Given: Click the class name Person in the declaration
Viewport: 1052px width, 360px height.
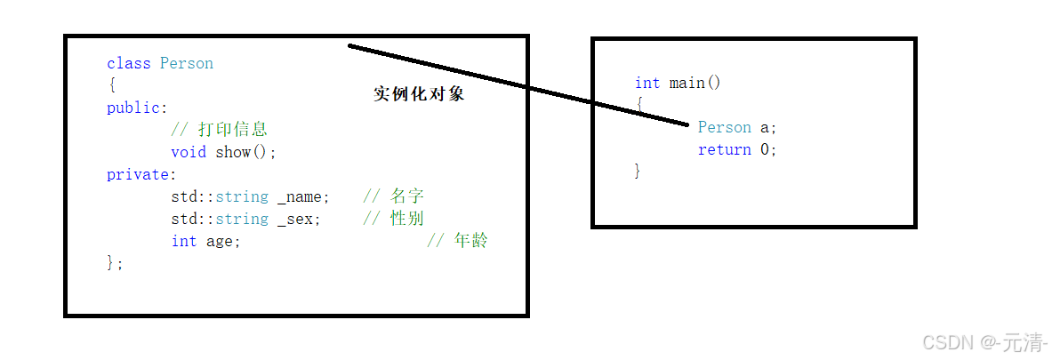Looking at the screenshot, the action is coord(187,63).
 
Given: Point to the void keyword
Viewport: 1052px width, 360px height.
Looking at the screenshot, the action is coord(189,152).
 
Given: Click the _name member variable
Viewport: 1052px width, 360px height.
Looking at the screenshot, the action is coord(303,196).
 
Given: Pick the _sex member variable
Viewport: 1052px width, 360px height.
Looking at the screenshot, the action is coord(298,219).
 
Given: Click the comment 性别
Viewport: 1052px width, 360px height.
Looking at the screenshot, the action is coord(406,219).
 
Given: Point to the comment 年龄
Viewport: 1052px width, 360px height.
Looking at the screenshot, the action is coord(470,241).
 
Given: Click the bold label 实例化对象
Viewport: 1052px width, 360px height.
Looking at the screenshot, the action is coord(419,94).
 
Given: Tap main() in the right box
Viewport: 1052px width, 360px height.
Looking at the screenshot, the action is coord(695,83).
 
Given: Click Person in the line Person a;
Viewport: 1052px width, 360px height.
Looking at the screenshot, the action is coord(724,127).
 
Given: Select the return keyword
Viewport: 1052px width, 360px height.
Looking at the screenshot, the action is coord(724,149).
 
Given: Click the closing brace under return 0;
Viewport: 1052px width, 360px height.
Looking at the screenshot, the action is coord(638,171).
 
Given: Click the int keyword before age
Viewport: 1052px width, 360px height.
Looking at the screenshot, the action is coord(184,241).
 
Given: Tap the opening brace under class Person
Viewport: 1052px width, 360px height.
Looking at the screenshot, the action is coord(111,85).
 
